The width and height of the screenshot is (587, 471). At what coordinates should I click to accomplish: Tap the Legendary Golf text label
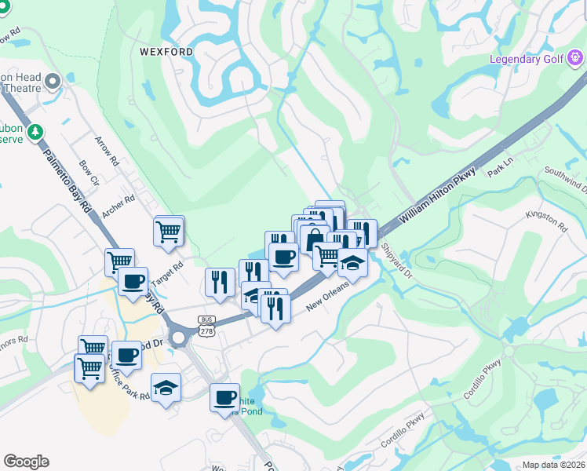pos(527,59)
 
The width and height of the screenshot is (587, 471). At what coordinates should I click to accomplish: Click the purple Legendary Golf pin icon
pos(576,57)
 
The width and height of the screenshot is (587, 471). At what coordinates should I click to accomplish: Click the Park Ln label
pos(499,171)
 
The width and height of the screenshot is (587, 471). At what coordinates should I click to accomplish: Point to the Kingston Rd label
pos(546,221)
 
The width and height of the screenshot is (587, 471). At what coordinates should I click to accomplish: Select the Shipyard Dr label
pos(396,259)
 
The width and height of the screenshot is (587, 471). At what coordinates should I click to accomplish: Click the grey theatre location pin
pos(53,81)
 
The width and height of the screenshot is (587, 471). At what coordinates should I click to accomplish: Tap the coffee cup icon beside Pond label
pos(225,398)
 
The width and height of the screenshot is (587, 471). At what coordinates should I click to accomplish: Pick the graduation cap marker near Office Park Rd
pos(166,388)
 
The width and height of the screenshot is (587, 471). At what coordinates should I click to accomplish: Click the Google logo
pos(26,462)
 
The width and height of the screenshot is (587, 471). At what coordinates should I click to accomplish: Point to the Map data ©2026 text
pos(554,465)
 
